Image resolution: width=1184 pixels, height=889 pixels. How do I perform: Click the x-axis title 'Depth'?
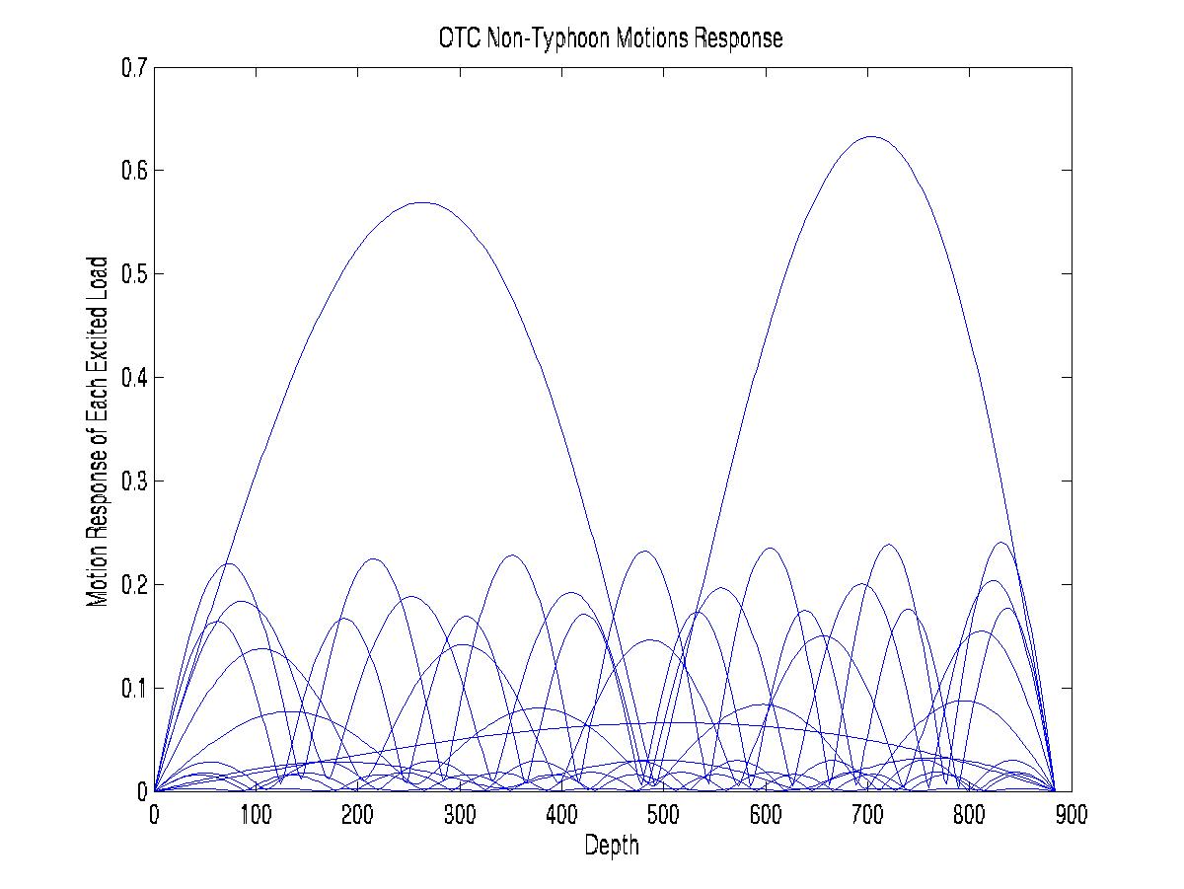click(x=612, y=845)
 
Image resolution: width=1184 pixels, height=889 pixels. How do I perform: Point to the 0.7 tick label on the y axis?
click(x=134, y=68)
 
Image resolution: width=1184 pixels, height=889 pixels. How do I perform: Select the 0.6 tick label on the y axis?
click(x=134, y=171)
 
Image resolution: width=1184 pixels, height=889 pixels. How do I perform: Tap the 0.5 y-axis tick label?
click(x=134, y=274)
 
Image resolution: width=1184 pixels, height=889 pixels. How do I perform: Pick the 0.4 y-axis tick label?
click(x=134, y=378)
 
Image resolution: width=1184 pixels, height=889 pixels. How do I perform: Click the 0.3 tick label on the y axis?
click(x=134, y=482)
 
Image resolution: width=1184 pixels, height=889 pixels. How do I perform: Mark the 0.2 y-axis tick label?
click(x=134, y=585)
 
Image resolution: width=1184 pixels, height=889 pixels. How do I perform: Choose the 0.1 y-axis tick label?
click(x=134, y=688)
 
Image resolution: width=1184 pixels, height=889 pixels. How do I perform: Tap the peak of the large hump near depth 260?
click(x=422, y=202)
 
